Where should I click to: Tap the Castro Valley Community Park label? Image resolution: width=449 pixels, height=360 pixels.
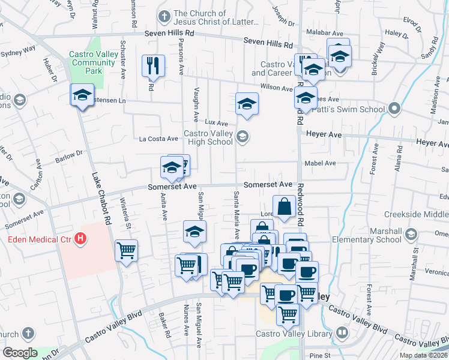point(94,62)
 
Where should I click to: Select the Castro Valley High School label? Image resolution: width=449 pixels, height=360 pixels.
point(208,137)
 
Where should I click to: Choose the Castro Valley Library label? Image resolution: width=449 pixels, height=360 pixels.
point(294,334)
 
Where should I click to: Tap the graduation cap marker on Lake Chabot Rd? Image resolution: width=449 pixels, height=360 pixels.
point(82,95)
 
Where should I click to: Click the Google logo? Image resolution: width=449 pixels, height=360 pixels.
point(19,352)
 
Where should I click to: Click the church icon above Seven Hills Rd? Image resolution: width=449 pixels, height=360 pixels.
point(163,14)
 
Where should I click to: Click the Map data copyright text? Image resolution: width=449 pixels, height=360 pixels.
point(424,355)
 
